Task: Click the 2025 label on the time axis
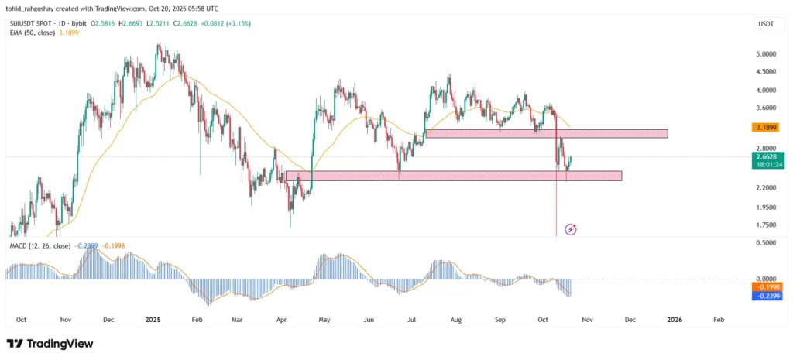click(x=153, y=319)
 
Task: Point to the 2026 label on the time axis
click(x=675, y=319)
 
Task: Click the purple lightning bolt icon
click(x=571, y=229)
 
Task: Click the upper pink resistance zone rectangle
click(x=546, y=133)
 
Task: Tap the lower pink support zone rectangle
click(x=453, y=176)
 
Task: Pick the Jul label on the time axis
click(x=410, y=319)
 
